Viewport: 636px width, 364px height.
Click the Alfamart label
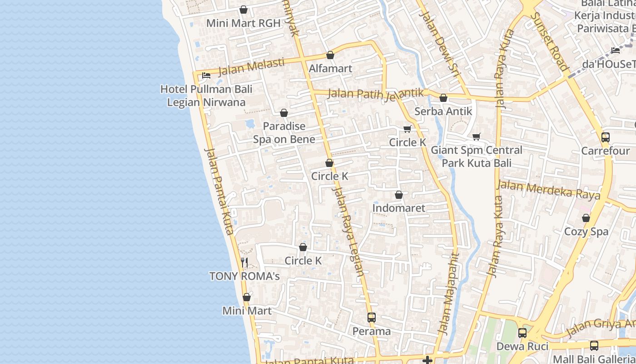330,69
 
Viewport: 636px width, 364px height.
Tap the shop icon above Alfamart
330,55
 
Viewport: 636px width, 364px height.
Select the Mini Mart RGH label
243,23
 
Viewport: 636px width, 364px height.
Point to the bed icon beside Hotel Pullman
206,75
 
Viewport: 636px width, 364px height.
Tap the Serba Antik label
443,111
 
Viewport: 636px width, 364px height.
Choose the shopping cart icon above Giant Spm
477,136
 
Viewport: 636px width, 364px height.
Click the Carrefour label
606,151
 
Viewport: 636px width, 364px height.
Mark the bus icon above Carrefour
606,137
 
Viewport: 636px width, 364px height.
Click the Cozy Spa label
586,232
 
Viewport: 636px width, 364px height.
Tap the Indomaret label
399,208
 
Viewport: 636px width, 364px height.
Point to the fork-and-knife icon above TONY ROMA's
244,263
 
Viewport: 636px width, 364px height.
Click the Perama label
372,331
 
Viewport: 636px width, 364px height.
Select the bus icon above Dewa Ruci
522,333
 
